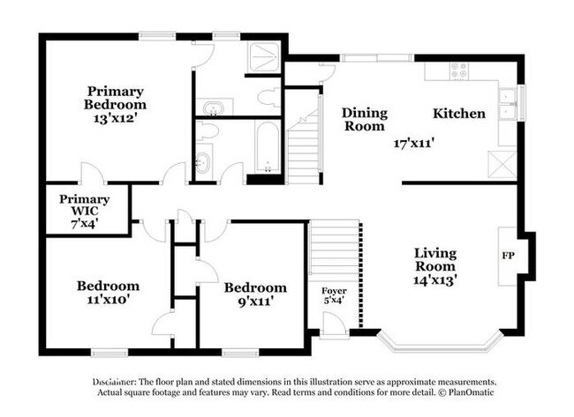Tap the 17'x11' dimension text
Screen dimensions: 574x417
coord(413,143)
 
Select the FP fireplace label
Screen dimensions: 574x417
coord(508,256)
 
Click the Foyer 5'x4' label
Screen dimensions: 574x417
coord(334,295)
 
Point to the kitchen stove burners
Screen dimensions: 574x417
coord(459,71)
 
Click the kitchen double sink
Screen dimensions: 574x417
coord(508,104)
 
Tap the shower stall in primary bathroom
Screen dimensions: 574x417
coord(264,56)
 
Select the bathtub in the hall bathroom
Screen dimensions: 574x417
coord(268,147)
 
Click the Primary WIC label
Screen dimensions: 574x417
coord(85,211)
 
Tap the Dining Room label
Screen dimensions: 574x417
coord(365,120)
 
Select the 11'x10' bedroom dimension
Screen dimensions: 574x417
coord(109,300)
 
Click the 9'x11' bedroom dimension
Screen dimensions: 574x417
coord(256,302)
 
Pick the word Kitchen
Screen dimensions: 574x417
coord(459,114)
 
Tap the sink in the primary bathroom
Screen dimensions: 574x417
coord(214,108)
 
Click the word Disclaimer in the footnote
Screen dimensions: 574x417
coord(115,382)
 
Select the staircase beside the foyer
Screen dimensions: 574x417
coord(334,249)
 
